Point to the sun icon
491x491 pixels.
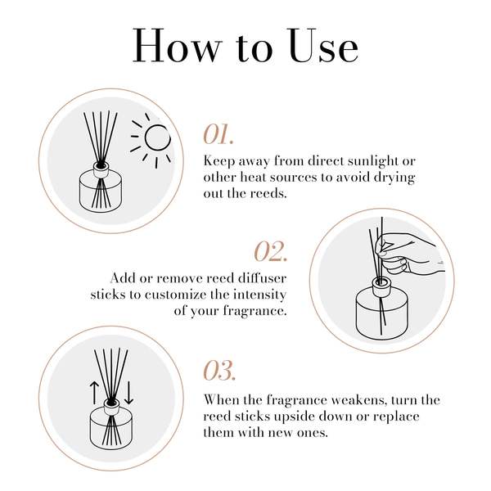pos(154,140)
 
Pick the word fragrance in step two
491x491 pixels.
pos(250,311)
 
